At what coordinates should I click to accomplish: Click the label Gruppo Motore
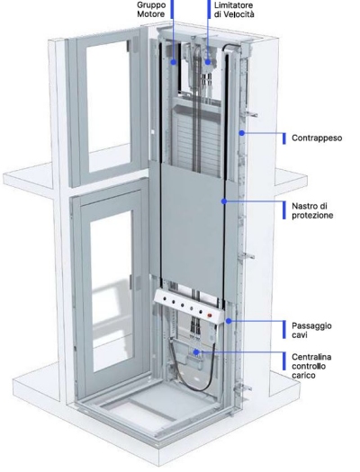point(151,9)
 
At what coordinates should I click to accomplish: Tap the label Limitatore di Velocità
point(234,9)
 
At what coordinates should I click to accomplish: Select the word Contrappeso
point(317,138)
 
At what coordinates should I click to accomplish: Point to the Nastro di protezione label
point(312,210)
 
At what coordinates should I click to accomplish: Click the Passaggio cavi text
point(311,330)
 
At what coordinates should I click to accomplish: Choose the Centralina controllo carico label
point(311,366)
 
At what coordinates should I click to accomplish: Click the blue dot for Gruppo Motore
point(174,62)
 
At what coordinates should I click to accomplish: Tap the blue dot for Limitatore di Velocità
point(208,62)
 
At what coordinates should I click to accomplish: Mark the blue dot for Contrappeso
point(241,133)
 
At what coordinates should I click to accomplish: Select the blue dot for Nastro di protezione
point(224,201)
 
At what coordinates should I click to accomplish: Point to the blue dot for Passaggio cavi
point(229,321)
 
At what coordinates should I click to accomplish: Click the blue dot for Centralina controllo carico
point(196,352)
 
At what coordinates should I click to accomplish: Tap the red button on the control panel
point(210,316)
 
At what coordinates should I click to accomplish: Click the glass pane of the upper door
point(108,96)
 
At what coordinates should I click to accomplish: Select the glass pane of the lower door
point(112,292)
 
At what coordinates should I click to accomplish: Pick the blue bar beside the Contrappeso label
point(284,138)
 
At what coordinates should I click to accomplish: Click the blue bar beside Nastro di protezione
point(284,210)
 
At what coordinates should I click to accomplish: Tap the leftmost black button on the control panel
point(165,299)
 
